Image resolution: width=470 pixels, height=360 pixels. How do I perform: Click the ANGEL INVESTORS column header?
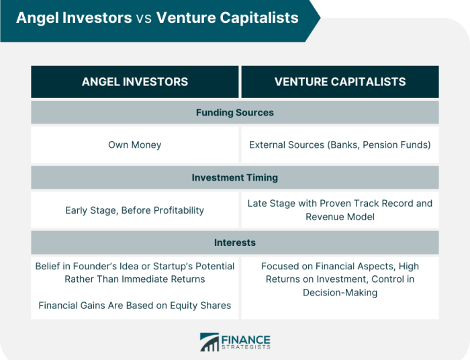click(x=134, y=82)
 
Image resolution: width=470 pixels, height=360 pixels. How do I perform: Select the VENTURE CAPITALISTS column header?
click(x=340, y=82)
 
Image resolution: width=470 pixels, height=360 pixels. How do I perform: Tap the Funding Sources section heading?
click(x=234, y=112)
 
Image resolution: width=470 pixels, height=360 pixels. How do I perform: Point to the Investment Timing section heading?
click(x=234, y=178)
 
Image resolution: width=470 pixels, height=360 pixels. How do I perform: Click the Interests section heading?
click(x=234, y=242)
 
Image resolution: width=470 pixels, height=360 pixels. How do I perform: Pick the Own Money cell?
click(x=134, y=145)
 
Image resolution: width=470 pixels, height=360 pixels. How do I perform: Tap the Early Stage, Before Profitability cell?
click(x=134, y=210)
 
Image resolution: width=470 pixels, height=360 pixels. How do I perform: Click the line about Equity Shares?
click(x=134, y=306)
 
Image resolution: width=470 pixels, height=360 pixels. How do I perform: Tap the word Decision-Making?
click(x=340, y=292)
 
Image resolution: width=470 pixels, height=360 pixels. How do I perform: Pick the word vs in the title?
click(x=144, y=18)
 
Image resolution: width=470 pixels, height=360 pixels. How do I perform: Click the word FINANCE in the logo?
click(x=246, y=338)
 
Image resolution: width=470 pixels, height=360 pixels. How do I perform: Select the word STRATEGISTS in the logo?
click(x=246, y=348)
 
